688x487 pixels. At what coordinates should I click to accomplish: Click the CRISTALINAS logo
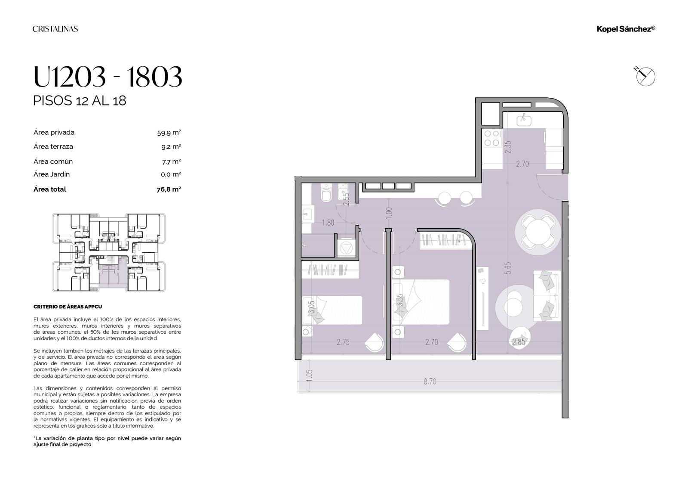(55, 29)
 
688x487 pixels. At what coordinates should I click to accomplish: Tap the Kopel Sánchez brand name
(626, 29)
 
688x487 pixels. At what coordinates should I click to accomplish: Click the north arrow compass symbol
(645, 76)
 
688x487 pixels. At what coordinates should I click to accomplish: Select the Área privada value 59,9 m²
(169, 133)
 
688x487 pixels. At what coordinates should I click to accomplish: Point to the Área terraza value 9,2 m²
(171, 147)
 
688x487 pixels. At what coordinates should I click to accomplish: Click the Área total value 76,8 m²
(169, 189)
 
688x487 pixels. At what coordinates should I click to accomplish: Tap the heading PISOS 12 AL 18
(80, 101)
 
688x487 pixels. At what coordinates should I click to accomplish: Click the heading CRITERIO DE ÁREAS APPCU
(68, 307)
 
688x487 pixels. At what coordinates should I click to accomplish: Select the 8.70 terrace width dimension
(430, 382)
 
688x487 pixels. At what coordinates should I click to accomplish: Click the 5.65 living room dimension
(508, 268)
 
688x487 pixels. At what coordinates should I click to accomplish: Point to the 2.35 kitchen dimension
(508, 147)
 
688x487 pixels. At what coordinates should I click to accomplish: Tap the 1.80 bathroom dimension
(328, 223)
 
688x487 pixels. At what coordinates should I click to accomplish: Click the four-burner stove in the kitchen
(492, 138)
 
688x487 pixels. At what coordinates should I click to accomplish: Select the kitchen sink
(524, 119)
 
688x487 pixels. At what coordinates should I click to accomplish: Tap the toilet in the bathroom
(326, 193)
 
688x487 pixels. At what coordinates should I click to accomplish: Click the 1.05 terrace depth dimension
(309, 375)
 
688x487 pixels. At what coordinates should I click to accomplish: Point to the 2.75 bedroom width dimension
(343, 342)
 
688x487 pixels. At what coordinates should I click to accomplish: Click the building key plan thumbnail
(109, 252)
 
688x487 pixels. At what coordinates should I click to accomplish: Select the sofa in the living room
(547, 296)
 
